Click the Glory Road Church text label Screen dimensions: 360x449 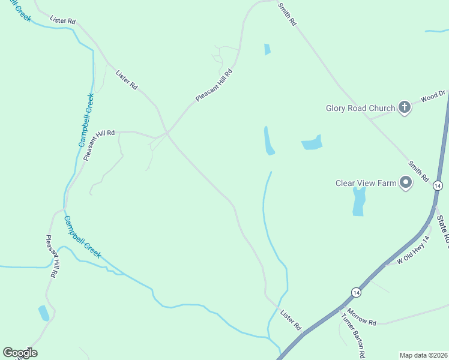pyautogui.click(x=360, y=109)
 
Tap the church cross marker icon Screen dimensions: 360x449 pyautogui.click(x=405, y=108)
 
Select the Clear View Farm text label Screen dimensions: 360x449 pyautogui.click(x=366, y=183)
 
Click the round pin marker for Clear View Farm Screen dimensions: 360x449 pyautogui.click(x=406, y=182)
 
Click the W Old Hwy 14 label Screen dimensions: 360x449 pyautogui.click(x=414, y=250)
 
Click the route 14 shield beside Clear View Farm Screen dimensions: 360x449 pyautogui.click(x=438, y=187)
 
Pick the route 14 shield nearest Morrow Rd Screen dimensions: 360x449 pyautogui.click(x=357, y=292)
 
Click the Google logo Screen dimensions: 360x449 pyautogui.click(x=20, y=353)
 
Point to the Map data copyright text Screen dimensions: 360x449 pyautogui.click(x=424, y=355)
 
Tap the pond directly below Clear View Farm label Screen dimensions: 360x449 pyautogui.click(x=358, y=202)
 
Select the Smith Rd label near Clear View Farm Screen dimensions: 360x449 pyautogui.click(x=418, y=172)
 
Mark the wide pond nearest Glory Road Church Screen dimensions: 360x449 pyautogui.click(x=312, y=143)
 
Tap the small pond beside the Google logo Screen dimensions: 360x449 pyautogui.click(x=44, y=313)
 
